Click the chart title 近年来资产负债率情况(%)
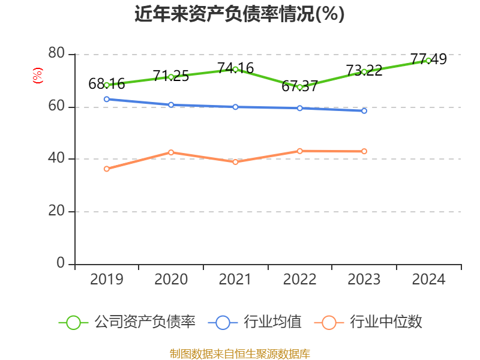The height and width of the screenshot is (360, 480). click(x=239, y=14)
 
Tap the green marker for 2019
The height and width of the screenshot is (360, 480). click(x=107, y=85)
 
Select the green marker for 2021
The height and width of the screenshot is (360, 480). click(x=235, y=69)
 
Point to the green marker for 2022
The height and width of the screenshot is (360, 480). click(x=299, y=87)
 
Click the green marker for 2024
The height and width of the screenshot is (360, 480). click(x=428, y=60)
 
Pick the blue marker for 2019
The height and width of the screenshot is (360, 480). click(x=107, y=99)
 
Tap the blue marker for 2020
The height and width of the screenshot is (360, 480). click(x=171, y=104)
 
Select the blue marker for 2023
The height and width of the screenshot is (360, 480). click(x=364, y=111)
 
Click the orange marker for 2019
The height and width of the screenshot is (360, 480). click(x=107, y=169)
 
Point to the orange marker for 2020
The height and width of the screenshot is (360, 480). click(x=171, y=152)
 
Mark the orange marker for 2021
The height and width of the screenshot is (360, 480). click(x=235, y=162)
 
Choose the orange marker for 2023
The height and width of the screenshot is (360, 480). click(x=364, y=151)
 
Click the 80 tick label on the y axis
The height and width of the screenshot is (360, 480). click(x=56, y=54)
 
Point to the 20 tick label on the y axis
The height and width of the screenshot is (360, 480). click(x=56, y=211)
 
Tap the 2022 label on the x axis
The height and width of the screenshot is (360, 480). click(x=299, y=280)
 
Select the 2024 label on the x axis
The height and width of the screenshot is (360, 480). click(x=428, y=280)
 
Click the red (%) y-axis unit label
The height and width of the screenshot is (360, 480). click(x=37, y=76)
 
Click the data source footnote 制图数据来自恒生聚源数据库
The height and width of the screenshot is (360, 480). click(x=239, y=353)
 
